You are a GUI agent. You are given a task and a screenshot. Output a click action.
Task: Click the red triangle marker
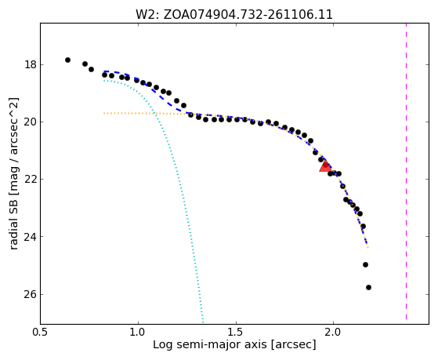click(x=325, y=165)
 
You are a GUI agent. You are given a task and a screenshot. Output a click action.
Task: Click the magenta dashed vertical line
click(x=406, y=171)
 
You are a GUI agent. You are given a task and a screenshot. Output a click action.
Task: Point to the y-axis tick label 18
click(x=30, y=65)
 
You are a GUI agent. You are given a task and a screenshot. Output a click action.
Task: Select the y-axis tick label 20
click(x=30, y=122)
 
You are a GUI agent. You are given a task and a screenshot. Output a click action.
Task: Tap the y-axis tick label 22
click(x=30, y=180)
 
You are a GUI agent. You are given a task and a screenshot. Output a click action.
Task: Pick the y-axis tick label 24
click(x=30, y=237)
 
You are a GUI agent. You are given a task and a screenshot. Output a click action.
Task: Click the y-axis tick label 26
click(x=30, y=295)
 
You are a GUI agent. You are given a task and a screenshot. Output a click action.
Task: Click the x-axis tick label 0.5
click(x=41, y=332)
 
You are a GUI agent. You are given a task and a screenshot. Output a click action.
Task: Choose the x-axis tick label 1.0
click(x=138, y=332)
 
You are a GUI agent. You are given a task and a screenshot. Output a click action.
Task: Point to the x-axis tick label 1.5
click(x=236, y=332)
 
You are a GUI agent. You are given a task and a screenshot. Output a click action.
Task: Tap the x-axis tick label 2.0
click(x=333, y=332)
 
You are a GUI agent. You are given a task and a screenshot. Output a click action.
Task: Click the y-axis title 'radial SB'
click(x=14, y=173)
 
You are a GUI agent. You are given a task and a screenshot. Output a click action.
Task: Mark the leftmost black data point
click(x=67, y=60)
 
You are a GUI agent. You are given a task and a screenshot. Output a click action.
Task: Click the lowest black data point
click(x=368, y=287)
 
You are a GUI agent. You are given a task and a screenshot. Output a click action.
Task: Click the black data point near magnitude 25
click(x=365, y=264)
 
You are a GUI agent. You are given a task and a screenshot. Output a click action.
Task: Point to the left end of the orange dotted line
click(x=104, y=113)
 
